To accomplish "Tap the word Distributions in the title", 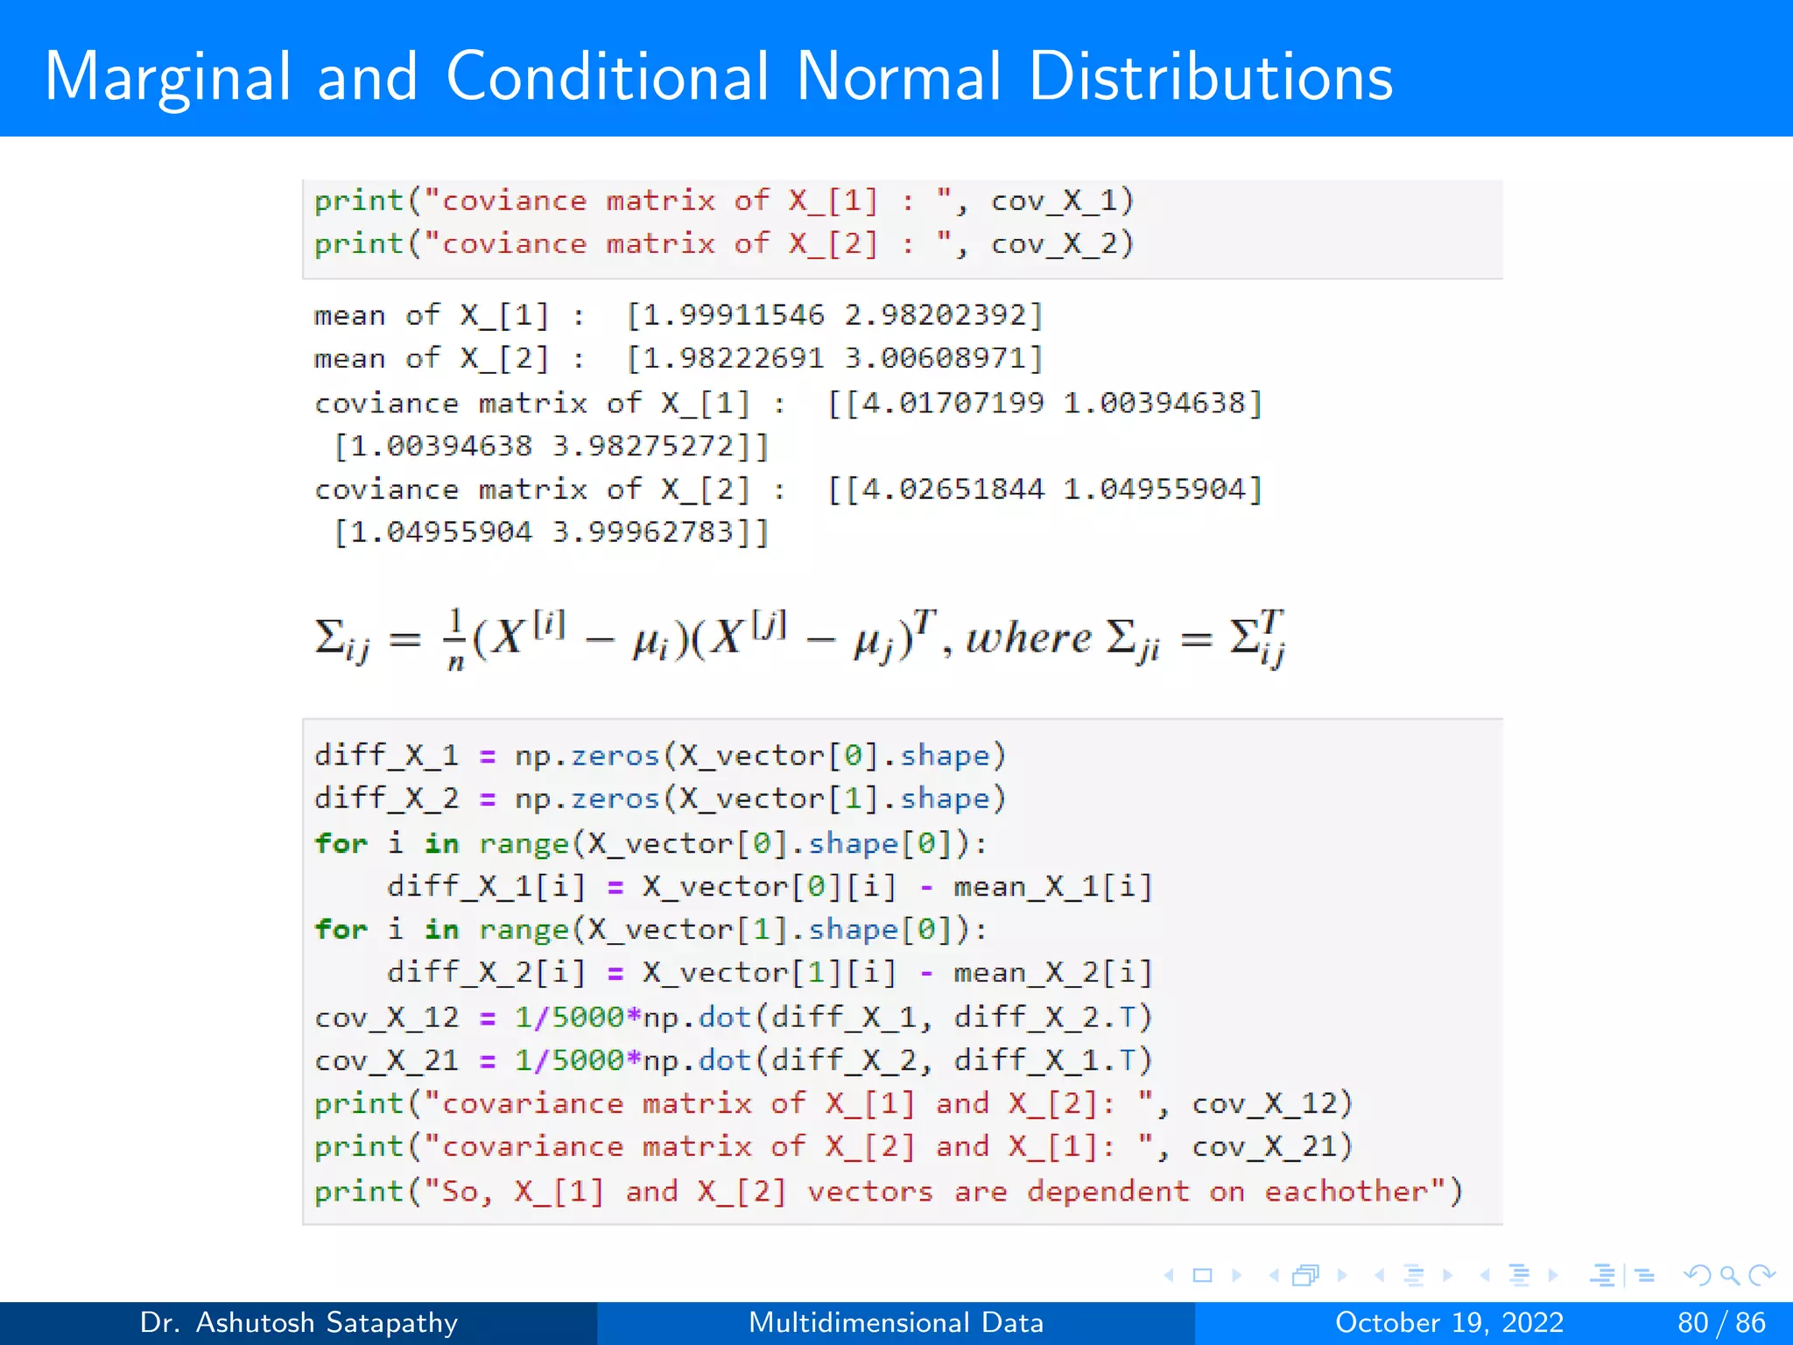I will coord(1210,77).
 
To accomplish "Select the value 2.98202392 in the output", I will coord(944,315).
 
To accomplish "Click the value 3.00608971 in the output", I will coord(944,358).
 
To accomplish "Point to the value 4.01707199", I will coord(953,403).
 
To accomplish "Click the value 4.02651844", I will coord(953,489).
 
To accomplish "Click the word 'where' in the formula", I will coord(1029,637).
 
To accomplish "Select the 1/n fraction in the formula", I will coord(455,639).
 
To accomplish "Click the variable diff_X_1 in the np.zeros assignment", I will coord(386,755).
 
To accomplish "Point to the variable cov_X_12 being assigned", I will coord(386,1017).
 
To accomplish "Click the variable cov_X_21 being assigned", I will coord(386,1060).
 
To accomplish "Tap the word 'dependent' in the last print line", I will coord(1108,1191).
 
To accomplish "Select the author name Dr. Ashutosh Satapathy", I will coord(299,1322).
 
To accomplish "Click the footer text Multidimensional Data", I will coord(896,1322).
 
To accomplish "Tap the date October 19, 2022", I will coord(1449,1322).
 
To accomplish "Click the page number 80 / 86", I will coord(1720,1322).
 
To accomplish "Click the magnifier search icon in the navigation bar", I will coord(1729,1275).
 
